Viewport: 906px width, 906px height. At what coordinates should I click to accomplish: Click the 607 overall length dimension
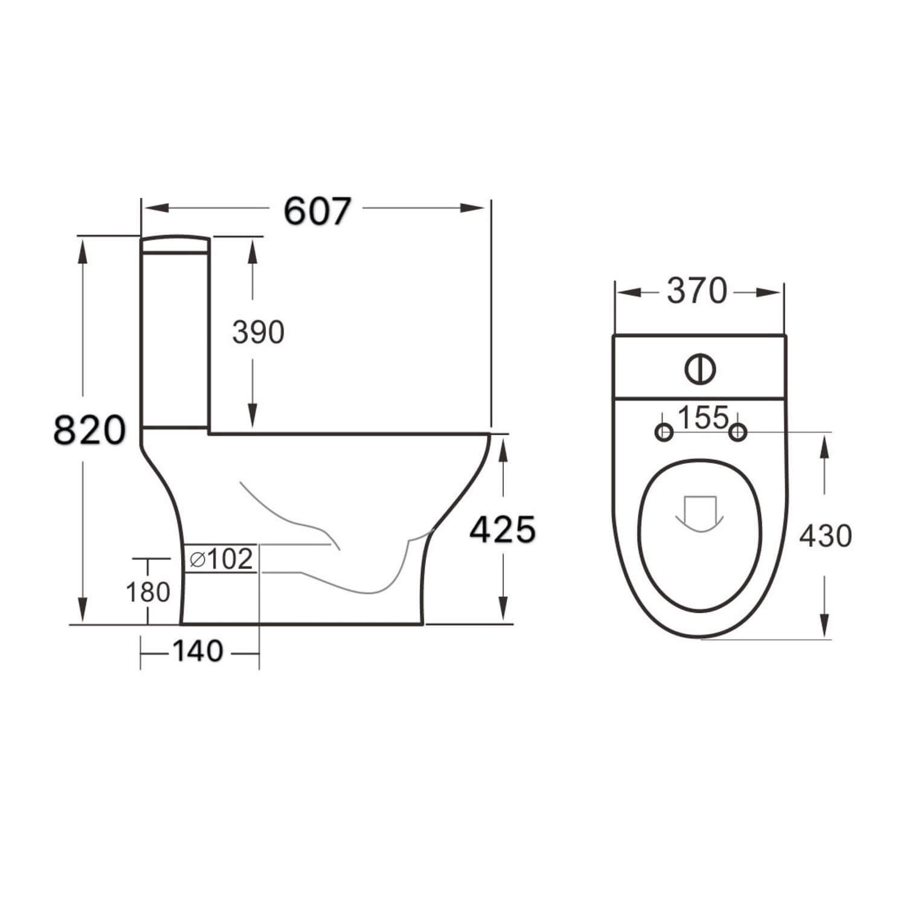(x=316, y=211)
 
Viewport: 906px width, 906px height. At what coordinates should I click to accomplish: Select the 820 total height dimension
(x=89, y=430)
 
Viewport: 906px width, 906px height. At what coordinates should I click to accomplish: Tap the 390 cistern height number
(x=258, y=332)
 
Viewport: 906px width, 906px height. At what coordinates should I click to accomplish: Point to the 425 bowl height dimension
(x=503, y=530)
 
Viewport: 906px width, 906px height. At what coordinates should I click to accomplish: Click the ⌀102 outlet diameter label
(x=220, y=559)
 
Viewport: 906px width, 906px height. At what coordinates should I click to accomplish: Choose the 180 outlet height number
(x=147, y=592)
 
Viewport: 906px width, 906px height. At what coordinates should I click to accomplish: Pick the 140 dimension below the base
(x=198, y=651)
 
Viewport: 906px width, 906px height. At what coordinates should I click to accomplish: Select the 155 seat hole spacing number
(x=702, y=417)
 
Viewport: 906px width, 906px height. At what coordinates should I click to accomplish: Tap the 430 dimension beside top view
(x=825, y=535)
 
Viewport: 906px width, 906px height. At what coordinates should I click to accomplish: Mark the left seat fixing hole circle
(x=664, y=432)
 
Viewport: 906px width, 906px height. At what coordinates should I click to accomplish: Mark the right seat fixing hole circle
(x=737, y=432)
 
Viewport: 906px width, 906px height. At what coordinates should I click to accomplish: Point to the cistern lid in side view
(x=175, y=243)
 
